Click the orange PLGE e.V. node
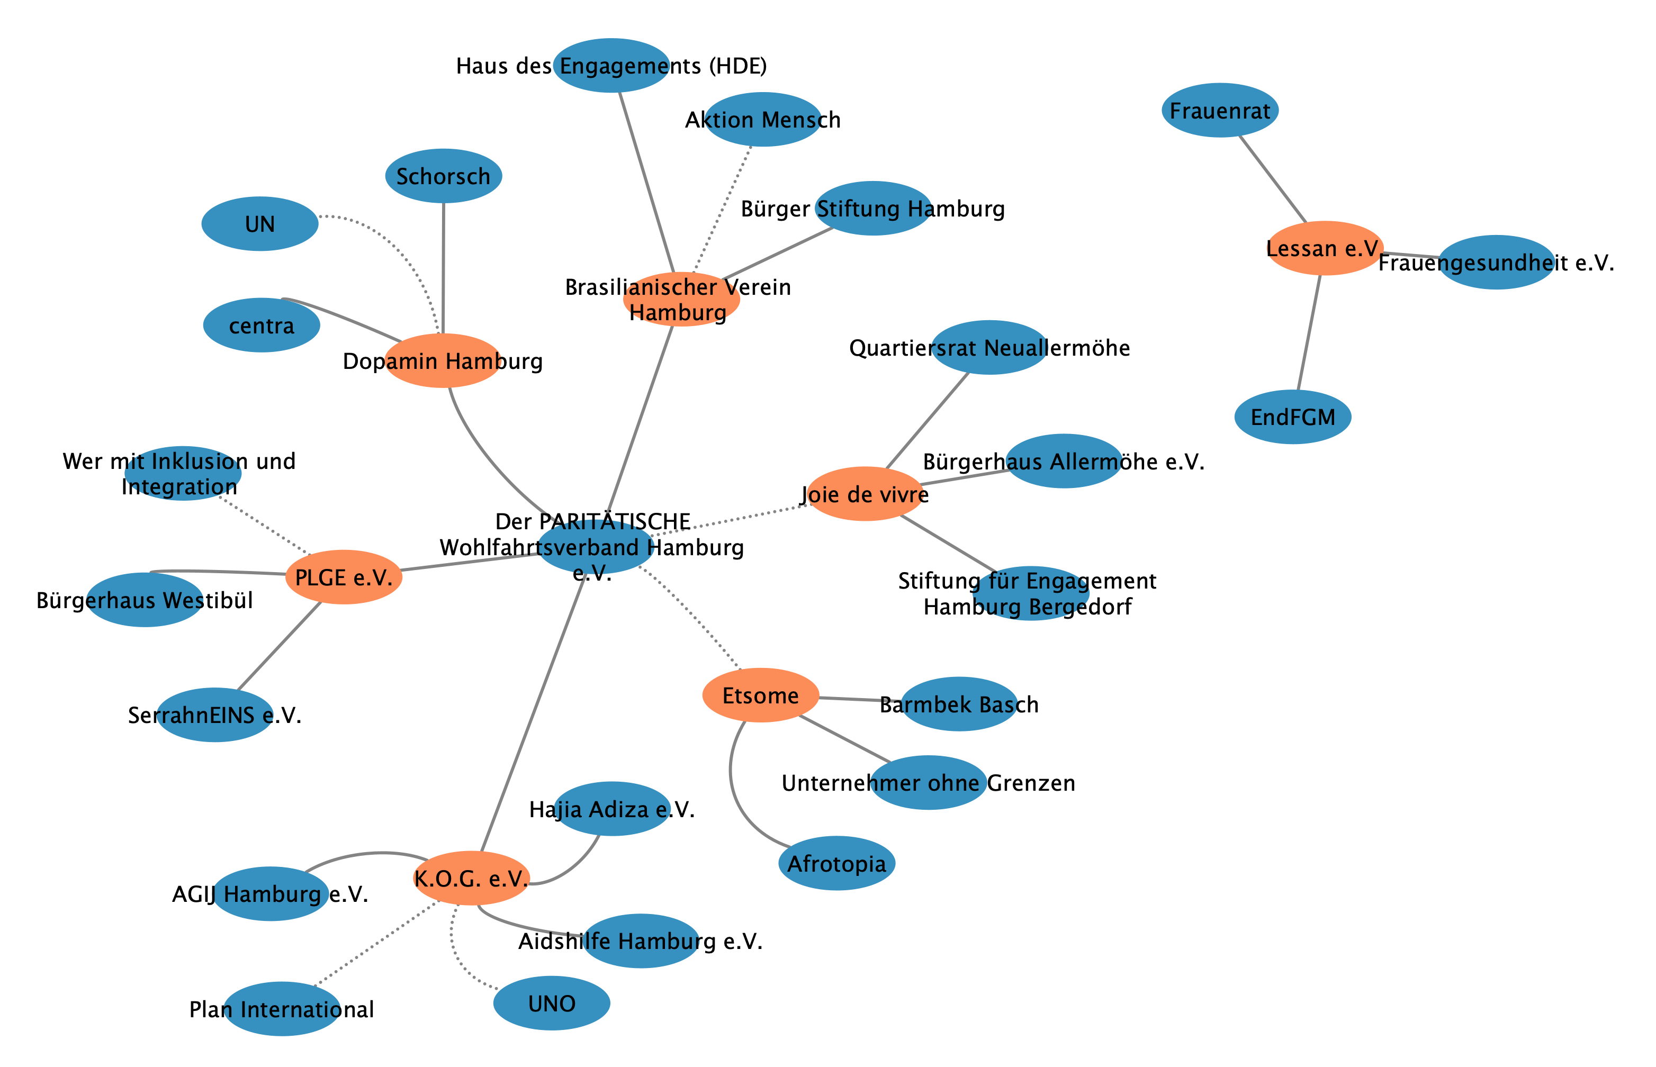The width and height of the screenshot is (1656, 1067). pyautogui.click(x=344, y=577)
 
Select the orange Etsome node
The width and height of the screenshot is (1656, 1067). pyautogui.click(x=760, y=695)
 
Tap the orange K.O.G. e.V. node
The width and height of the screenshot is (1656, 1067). pyautogui.click(x=471, y=878)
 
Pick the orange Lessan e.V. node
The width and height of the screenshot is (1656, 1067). pyautogui.click(x=1324, y=248)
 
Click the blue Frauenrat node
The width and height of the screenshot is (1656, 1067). pyautogui.click(x=1219, y=110)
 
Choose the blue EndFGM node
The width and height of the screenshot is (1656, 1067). pyautogui.click(x=1292, y=417)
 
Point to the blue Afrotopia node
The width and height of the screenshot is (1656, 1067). pyautogui.click(x=836, y=863)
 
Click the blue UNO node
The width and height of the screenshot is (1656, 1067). pyautogui.click(x=552, y=1003)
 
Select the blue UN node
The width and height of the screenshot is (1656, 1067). pyautogui.click(x=260, y=224)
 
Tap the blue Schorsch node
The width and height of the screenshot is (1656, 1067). pyautogui.click(x=444, y=176)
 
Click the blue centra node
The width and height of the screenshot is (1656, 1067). pyautogui.click(x=261, y=325)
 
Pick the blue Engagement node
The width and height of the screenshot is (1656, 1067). pyautogui.click(x=611, y=66)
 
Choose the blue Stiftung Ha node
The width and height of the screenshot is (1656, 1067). pyautogui.click(x=873, y=209)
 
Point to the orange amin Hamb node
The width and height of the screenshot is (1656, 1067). pyautogui.click(x=443, y=360)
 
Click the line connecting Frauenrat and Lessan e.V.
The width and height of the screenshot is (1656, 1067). pyautogui.click(x=1272, y=179)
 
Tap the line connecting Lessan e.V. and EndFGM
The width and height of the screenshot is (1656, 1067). pyautogui.click(x=1309, y=332)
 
